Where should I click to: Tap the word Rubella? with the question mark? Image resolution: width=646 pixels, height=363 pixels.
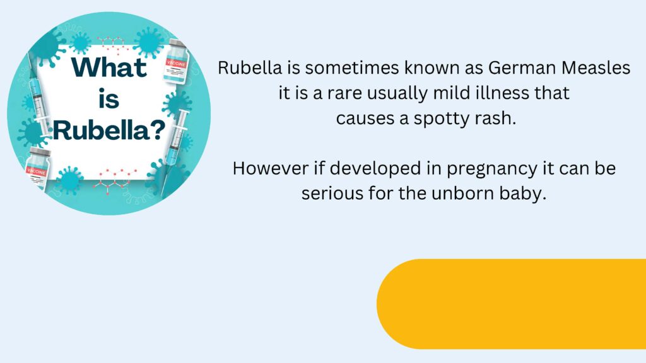[x=109, y=130]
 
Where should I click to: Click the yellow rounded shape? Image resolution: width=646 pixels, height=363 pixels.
[x=511, y=304]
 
